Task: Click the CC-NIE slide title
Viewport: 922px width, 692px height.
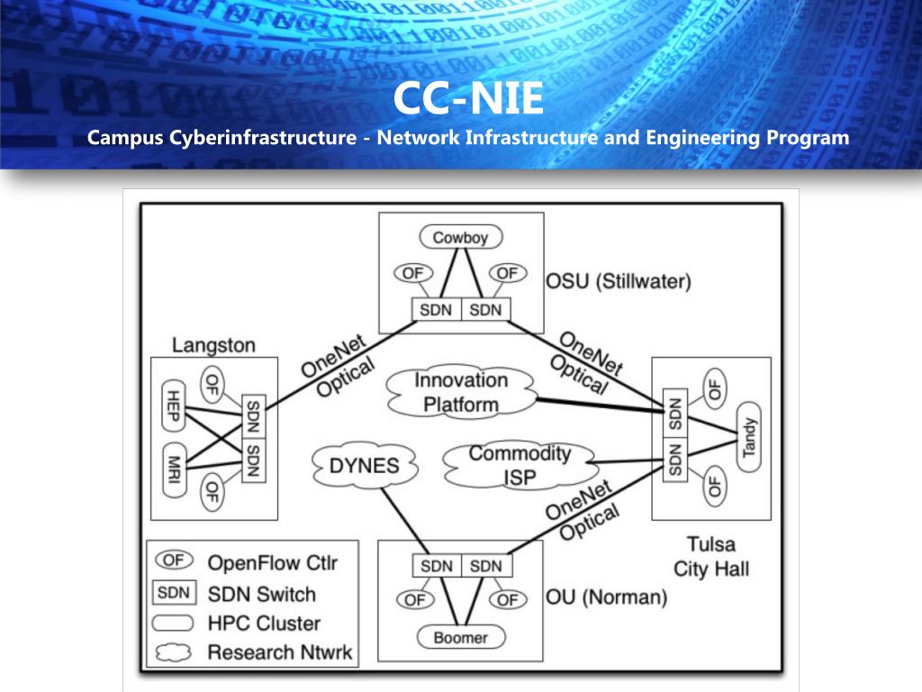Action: pyautogui.click(x=468, y=100)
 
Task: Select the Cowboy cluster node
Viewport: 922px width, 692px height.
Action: pyautogui.click(x=460, y=238)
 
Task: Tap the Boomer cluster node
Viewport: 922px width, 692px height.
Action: pyautogui.click(x=461, y=637)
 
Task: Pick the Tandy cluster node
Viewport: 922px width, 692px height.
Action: pyautogui.click(x=749, y=437)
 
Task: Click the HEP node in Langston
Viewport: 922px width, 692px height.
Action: pyautogui.click(x=175, y=402)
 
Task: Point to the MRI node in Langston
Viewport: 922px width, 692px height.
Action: pyautogui.click(x=175, y=469)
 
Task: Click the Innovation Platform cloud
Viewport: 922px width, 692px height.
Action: pyautogui.click(x=461, y=392)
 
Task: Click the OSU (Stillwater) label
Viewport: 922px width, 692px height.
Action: pyautogui.click(x=619, y=282)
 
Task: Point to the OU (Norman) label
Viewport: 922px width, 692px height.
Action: pyautogui.click(x=607, y=597)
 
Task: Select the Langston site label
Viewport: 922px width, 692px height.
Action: pyautogui.click(x=213, y=345)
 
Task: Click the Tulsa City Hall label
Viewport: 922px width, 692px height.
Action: pyautogui.click(x=711, y=556)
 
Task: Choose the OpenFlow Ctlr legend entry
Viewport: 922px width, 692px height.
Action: pyautogui.click(x=272, y=562)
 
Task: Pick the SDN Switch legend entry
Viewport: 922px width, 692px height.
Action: pyautogui.click(x=261, y=594)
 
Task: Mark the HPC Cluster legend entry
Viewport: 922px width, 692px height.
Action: pyautogui.click(x=264, y=623)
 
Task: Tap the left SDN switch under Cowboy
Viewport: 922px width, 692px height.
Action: pyautogui.click(x=437, y=309)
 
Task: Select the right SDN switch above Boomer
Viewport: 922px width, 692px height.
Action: pyautogui.click(x=486, y=566)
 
